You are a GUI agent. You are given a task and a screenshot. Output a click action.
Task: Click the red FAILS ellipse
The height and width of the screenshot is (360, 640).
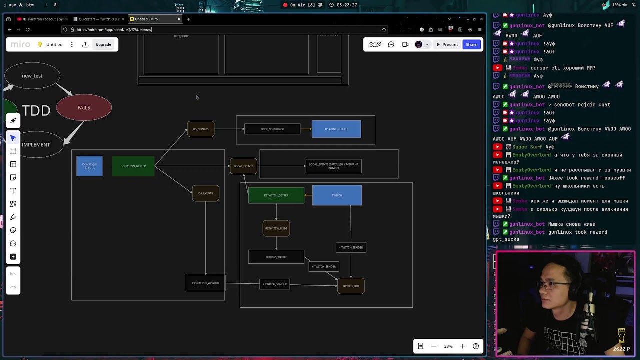pyautogui.click(x=84, y=107)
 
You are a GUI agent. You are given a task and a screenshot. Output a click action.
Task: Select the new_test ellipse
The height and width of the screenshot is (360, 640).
pyautogui.click(x=32, y=76)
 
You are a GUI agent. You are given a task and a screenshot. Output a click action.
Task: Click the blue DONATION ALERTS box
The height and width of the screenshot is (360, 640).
pyautogui.click(x=89, y=166)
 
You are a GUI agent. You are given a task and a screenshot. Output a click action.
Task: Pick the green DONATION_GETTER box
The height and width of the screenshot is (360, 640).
pyautogui.click(x=133, y=166)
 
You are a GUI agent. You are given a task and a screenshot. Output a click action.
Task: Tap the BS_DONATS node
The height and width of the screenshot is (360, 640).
pyautogui.click(x=201, y=129)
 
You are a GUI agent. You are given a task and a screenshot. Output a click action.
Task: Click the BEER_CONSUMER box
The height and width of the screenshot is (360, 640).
pyautogui.click(x=272, y=129)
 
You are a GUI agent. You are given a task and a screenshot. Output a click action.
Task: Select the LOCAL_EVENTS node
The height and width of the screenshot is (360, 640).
pyautogui.click(x=243, y=166)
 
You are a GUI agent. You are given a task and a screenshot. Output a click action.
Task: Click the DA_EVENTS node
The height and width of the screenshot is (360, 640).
pyautogui.click(x=205, y=193)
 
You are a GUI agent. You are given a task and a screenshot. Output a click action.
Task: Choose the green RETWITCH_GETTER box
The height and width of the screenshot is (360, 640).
pyautogui.click(x=276, y=195)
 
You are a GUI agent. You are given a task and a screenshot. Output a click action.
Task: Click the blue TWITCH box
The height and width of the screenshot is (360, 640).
pyautogui.click(x=337, y=195)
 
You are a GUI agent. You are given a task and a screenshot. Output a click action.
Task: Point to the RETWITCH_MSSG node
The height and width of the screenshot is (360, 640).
pyautogui.click(x=276, y=228)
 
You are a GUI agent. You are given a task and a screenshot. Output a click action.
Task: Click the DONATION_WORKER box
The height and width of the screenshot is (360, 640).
pyautogui.click(x=206, y=283)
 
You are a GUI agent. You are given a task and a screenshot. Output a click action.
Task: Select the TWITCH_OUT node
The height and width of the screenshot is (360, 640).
pyautogui.click(x=351, y=286)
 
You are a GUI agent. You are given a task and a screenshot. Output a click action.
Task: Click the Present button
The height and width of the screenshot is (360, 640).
pyautogui.click(x=447, y=45)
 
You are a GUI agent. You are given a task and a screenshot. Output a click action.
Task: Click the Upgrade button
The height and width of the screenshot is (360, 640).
pyautogui.click(x=103, y=45)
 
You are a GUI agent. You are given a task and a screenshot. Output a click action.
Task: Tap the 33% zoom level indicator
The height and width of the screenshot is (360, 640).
pyautogui.click(x=448, y=346)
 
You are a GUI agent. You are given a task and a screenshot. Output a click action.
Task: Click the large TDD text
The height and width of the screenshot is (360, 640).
pyautogui.click(x=36, y=110)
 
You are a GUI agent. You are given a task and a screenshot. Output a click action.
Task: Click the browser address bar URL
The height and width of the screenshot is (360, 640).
pyautogui.click(x=114, y=30)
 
